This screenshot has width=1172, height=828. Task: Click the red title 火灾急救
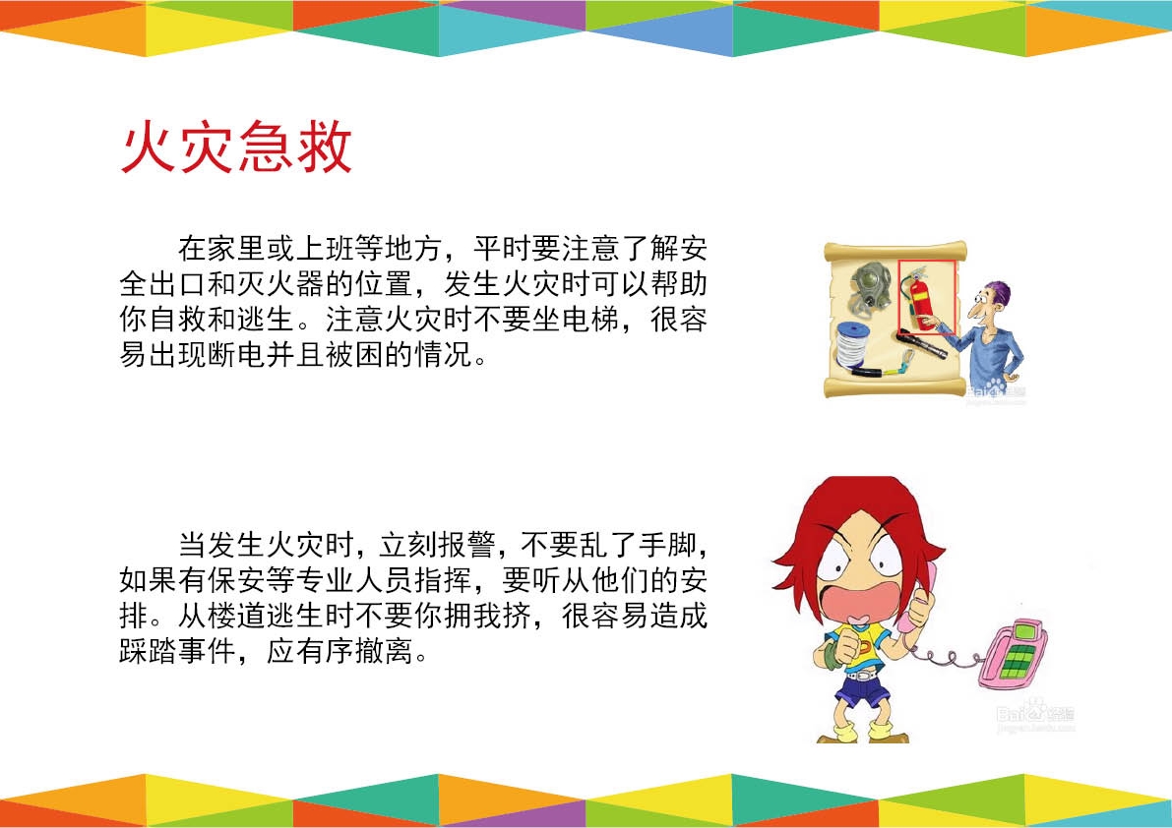point(236,148)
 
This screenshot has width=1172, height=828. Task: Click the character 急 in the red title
point(265,148)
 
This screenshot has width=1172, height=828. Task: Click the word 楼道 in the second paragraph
point(237,616)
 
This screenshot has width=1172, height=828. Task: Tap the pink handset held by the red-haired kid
point(922,597)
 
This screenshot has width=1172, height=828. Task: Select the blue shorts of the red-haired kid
point(864,691)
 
